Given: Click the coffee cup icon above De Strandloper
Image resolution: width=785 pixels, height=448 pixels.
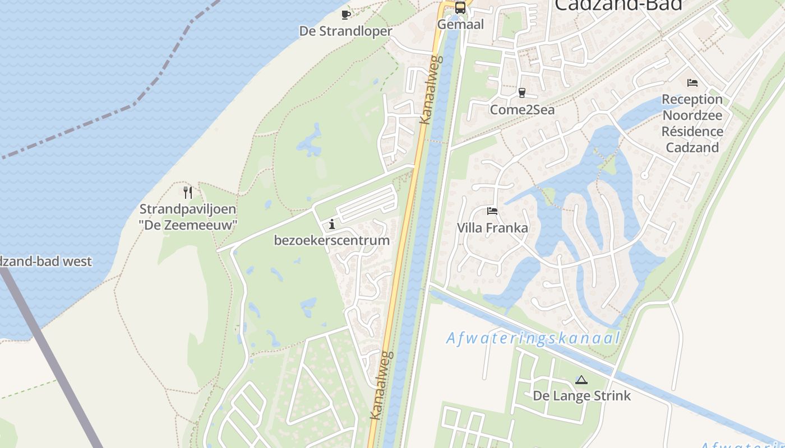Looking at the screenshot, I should pos(346,15).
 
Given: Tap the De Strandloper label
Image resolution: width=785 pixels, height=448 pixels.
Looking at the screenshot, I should pos(345,31).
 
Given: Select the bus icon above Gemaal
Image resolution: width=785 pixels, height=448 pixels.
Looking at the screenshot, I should pos(460,8).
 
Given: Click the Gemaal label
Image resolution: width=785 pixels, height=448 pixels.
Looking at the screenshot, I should pos(460,25).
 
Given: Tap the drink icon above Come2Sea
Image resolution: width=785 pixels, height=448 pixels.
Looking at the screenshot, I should pos(522,93).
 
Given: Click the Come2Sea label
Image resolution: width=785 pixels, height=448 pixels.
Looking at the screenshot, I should pos(522,110).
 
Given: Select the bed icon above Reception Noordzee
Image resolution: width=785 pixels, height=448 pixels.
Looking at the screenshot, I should pos(692,83).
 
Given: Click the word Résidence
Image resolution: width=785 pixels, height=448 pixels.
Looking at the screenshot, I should pos(692,132).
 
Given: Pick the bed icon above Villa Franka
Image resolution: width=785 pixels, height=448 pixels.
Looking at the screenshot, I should pos(492,211).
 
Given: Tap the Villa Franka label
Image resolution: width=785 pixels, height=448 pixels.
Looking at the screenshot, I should pos(492,228).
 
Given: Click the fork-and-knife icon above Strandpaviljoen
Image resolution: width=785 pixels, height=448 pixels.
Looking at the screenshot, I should pos(188,193).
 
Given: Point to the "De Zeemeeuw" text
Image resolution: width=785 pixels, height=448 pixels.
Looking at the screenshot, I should pos(188,225).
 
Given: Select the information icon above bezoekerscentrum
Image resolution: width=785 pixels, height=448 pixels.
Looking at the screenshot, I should pos(332,224).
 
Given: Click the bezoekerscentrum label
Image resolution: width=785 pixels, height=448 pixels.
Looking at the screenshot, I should pos(331,241).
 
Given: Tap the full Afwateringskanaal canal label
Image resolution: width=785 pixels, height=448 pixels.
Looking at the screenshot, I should pos(533,338).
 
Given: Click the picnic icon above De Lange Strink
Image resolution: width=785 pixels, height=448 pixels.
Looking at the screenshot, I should pos(581,380).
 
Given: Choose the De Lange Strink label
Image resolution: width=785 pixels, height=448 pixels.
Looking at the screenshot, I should pos(581,396).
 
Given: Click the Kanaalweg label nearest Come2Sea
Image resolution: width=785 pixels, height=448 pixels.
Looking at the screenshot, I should pos(430,90).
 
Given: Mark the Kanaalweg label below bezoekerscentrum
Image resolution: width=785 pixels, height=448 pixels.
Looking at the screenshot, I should pos(382,386).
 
